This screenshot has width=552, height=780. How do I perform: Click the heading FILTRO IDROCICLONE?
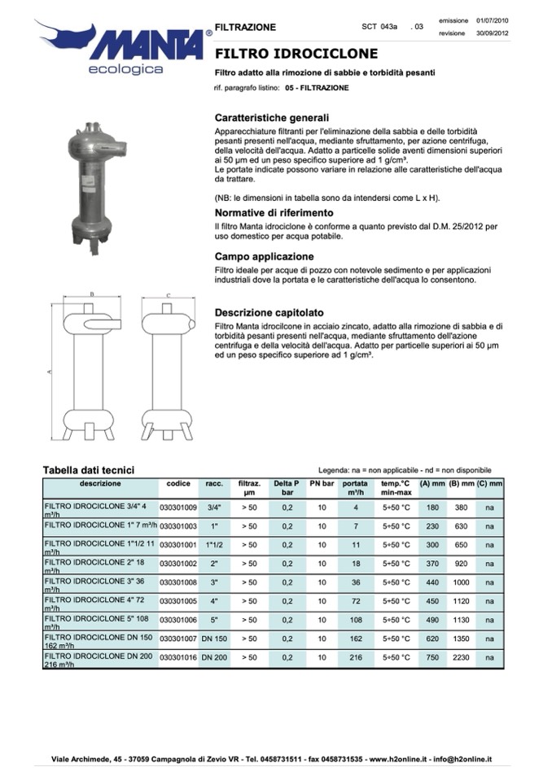click(296, 54)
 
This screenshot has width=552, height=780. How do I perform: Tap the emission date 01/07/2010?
click(493, 20)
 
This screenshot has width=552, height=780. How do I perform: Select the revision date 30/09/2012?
click(493, 33)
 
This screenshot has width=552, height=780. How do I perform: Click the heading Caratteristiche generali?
click(271, 117)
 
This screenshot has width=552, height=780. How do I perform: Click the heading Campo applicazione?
click(264, 256)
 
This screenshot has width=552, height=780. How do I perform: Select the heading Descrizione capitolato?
click(269, 312)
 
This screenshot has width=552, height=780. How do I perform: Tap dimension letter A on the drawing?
click(50, 371)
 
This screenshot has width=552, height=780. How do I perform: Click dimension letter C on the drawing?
click(168, 296)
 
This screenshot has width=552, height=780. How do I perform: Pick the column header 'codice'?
click(178, 484)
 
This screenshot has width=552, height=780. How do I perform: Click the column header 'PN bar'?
click(322, 484)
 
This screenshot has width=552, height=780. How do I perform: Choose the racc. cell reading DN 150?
click(215, 638)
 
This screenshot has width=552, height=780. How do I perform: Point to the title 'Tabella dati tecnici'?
click(88, 470)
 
